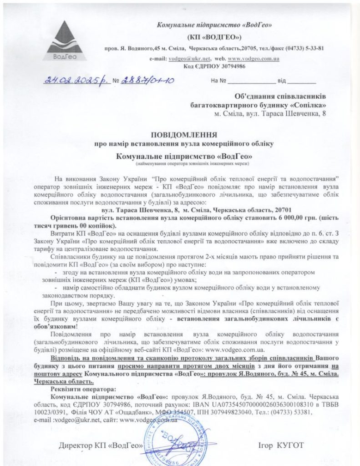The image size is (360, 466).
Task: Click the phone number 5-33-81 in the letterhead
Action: (x=310, y=48)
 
